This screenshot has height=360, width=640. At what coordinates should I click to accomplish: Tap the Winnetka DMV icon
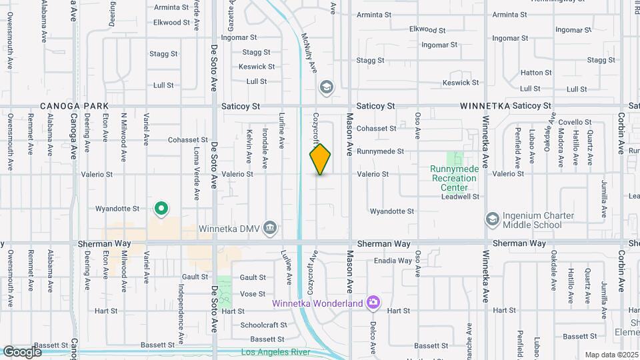(x=270, y=228)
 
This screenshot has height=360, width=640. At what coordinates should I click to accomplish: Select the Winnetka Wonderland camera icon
(x=373, y=303)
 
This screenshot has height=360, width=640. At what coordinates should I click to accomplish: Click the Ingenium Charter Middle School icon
(x=492, y=219)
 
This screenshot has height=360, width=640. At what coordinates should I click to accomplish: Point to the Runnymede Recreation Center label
(x=455, y=178)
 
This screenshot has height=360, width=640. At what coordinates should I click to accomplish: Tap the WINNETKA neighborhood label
(x=485, y=106)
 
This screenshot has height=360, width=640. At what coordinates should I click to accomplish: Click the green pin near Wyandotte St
(x=161, y=209)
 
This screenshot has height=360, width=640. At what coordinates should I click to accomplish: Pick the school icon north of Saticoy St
(x=326, y=87)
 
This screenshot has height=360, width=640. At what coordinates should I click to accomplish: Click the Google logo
(x=22, y=351)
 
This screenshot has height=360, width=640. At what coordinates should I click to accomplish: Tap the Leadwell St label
(x=460, y=197)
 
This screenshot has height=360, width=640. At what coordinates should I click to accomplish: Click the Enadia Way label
(x=393, y=261)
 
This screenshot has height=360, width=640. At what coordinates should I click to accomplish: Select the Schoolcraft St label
(x=263, y=325)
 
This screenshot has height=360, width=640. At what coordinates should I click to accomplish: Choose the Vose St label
(x=253, y=294)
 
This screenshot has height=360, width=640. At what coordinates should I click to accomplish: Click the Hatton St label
(x=536, y=73)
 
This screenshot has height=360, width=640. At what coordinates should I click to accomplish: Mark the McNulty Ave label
(x=309, y=53)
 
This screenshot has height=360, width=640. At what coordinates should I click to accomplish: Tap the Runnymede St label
(x=380, y=151)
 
